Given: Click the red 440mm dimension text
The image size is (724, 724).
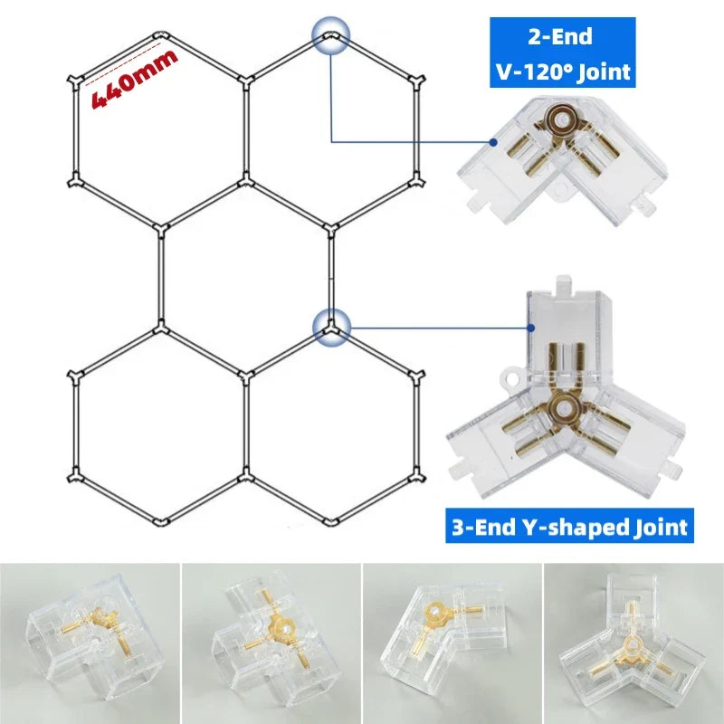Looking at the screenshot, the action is tap(135, 79).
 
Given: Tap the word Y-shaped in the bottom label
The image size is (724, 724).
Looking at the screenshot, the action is tap(584, 527).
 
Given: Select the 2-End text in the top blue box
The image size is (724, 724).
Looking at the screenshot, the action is tap(560, 37).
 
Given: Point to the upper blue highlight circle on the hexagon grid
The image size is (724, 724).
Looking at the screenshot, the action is tap(330, 35).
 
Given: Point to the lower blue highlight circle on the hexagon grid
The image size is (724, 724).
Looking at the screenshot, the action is tap(331, 328).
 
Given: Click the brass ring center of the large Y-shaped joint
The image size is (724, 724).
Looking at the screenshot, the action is tap(565, 409).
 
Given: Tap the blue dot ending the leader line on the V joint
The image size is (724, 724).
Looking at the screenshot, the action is tap(493, 142).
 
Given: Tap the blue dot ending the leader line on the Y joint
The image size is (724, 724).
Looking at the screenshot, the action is tap(531, 328).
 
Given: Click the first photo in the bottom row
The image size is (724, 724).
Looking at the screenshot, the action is tap(90, 643).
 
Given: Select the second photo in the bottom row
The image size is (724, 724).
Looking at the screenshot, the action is tap(271, 643).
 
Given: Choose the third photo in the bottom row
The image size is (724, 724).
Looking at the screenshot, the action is tap(452, 643).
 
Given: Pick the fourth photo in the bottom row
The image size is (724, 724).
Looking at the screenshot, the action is tap(634, 643).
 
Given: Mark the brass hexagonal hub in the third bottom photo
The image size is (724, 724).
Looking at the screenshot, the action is tap(434, 614).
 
